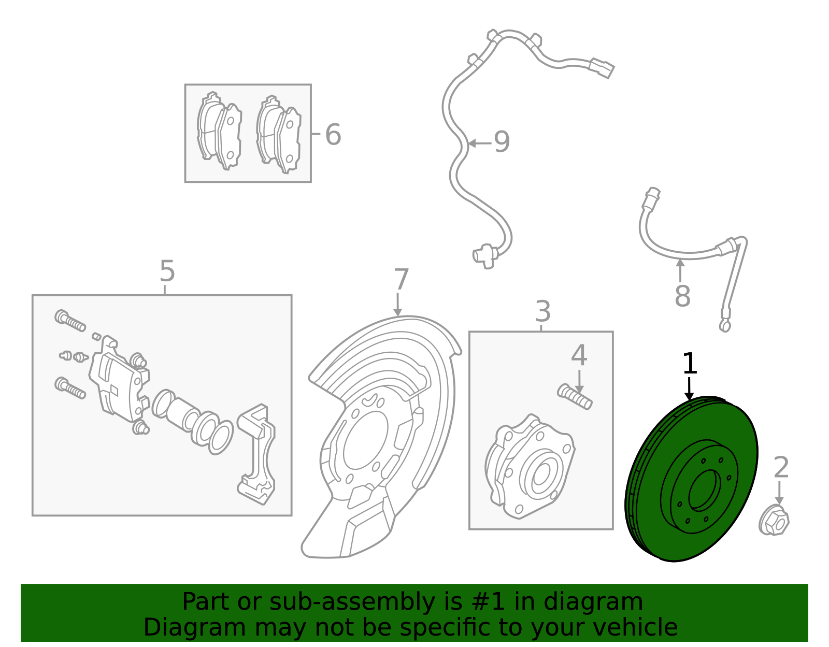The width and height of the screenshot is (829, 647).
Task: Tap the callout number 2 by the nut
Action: coord(781,468)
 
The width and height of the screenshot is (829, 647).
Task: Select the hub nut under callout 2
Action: coord(774,521)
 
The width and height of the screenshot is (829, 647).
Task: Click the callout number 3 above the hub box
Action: coord(542,312)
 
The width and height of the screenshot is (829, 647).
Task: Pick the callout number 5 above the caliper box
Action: coord(167,271)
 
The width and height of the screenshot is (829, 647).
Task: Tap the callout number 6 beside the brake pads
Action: coord(333,135)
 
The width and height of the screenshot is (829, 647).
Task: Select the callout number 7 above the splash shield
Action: coord(401,280)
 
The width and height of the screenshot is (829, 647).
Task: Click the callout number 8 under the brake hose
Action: coord(682,296)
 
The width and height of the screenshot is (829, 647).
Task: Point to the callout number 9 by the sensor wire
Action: coord(502,142)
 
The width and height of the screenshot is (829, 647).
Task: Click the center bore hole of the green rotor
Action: coord(705,490)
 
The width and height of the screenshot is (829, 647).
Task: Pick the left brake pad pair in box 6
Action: coord(219,132)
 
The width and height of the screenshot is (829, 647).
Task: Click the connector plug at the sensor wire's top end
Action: coord(603,67)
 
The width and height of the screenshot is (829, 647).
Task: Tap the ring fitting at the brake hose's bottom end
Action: coord(724,326)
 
